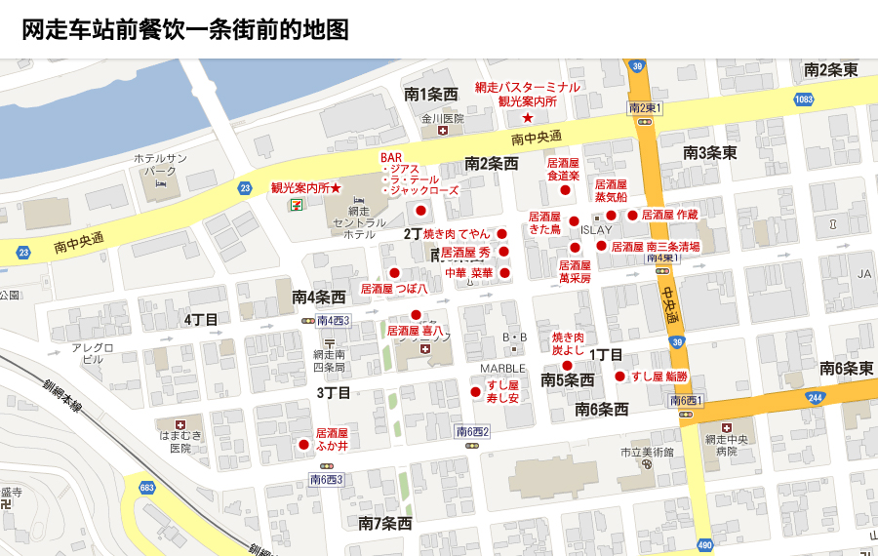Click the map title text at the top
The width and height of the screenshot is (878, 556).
pos(185,29)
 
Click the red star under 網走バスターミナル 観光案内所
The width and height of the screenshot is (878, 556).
pos(528,117)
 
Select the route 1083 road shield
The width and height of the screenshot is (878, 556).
pos(804,99)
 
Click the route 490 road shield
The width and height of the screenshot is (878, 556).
pos(704,545)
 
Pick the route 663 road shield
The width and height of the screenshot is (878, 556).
pos(147,487)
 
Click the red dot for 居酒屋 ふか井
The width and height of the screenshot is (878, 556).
pos(303,445)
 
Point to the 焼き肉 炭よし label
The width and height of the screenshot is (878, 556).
pos(568,342)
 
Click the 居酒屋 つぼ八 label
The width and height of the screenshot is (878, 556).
pos(394,289)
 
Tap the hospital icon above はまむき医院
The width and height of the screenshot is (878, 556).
pos(180,424)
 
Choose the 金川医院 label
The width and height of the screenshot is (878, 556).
pos(443,119)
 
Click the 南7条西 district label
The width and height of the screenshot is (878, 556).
pos(385,524)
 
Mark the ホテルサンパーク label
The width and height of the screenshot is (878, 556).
pos(161,164)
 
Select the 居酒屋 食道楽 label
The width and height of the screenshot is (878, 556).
pos(563,170)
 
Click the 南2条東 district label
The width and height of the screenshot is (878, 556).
pos(830,70)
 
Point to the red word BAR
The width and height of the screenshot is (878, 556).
pos(391,157)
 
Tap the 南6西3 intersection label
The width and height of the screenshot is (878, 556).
pos(327,479)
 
